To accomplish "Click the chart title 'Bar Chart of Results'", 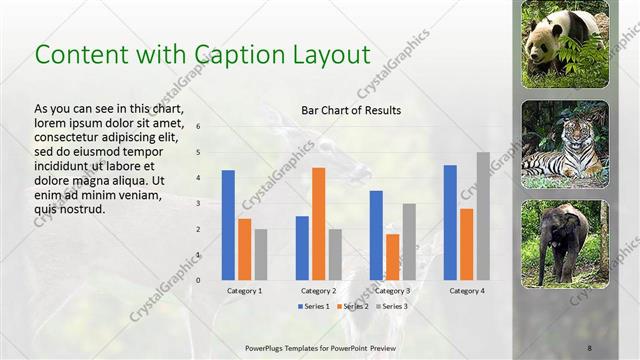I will (x=350, y=110).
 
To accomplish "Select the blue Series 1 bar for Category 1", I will (x=228, y=225).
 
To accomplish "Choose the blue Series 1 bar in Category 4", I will (x=450, y=222).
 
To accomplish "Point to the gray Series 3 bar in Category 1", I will (x=260, y=254).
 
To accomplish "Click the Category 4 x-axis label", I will (x=467, y=290).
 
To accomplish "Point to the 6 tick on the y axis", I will (x=199, y=127).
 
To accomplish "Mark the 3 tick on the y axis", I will (x=199, y=204).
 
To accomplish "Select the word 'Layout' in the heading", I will (x=320, y=54).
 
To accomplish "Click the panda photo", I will (x=565, y=44).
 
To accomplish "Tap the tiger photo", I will (x=565, y=144).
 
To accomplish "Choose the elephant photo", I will (x=565, y=243).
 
